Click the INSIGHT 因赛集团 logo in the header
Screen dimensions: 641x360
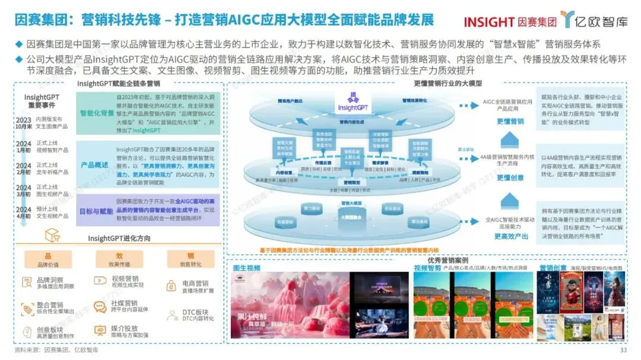510,22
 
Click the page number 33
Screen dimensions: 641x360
623,351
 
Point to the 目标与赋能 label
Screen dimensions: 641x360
96,211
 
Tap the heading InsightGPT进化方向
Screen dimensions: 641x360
119,238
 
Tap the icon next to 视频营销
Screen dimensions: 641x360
99,281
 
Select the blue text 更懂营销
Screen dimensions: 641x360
510,122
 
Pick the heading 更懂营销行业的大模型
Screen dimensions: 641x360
448,84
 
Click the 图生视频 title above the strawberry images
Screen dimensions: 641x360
246,269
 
